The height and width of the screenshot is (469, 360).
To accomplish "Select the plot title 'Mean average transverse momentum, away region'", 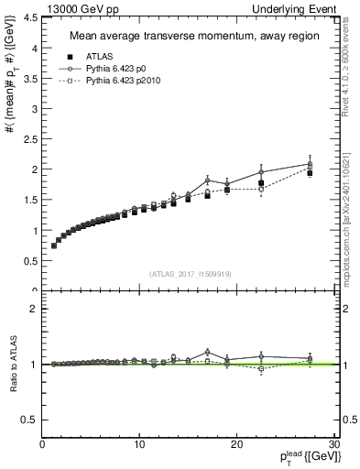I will point(190,37).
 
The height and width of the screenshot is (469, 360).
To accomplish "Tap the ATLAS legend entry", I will point(98,57).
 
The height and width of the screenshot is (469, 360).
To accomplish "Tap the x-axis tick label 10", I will point(139,444).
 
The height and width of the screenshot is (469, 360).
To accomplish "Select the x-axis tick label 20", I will point(236,444).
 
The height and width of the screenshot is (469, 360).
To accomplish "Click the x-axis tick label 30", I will point(333,444).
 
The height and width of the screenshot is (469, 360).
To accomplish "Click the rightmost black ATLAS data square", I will point(310,172).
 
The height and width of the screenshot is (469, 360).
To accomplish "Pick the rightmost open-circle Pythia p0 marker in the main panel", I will point(310,164).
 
